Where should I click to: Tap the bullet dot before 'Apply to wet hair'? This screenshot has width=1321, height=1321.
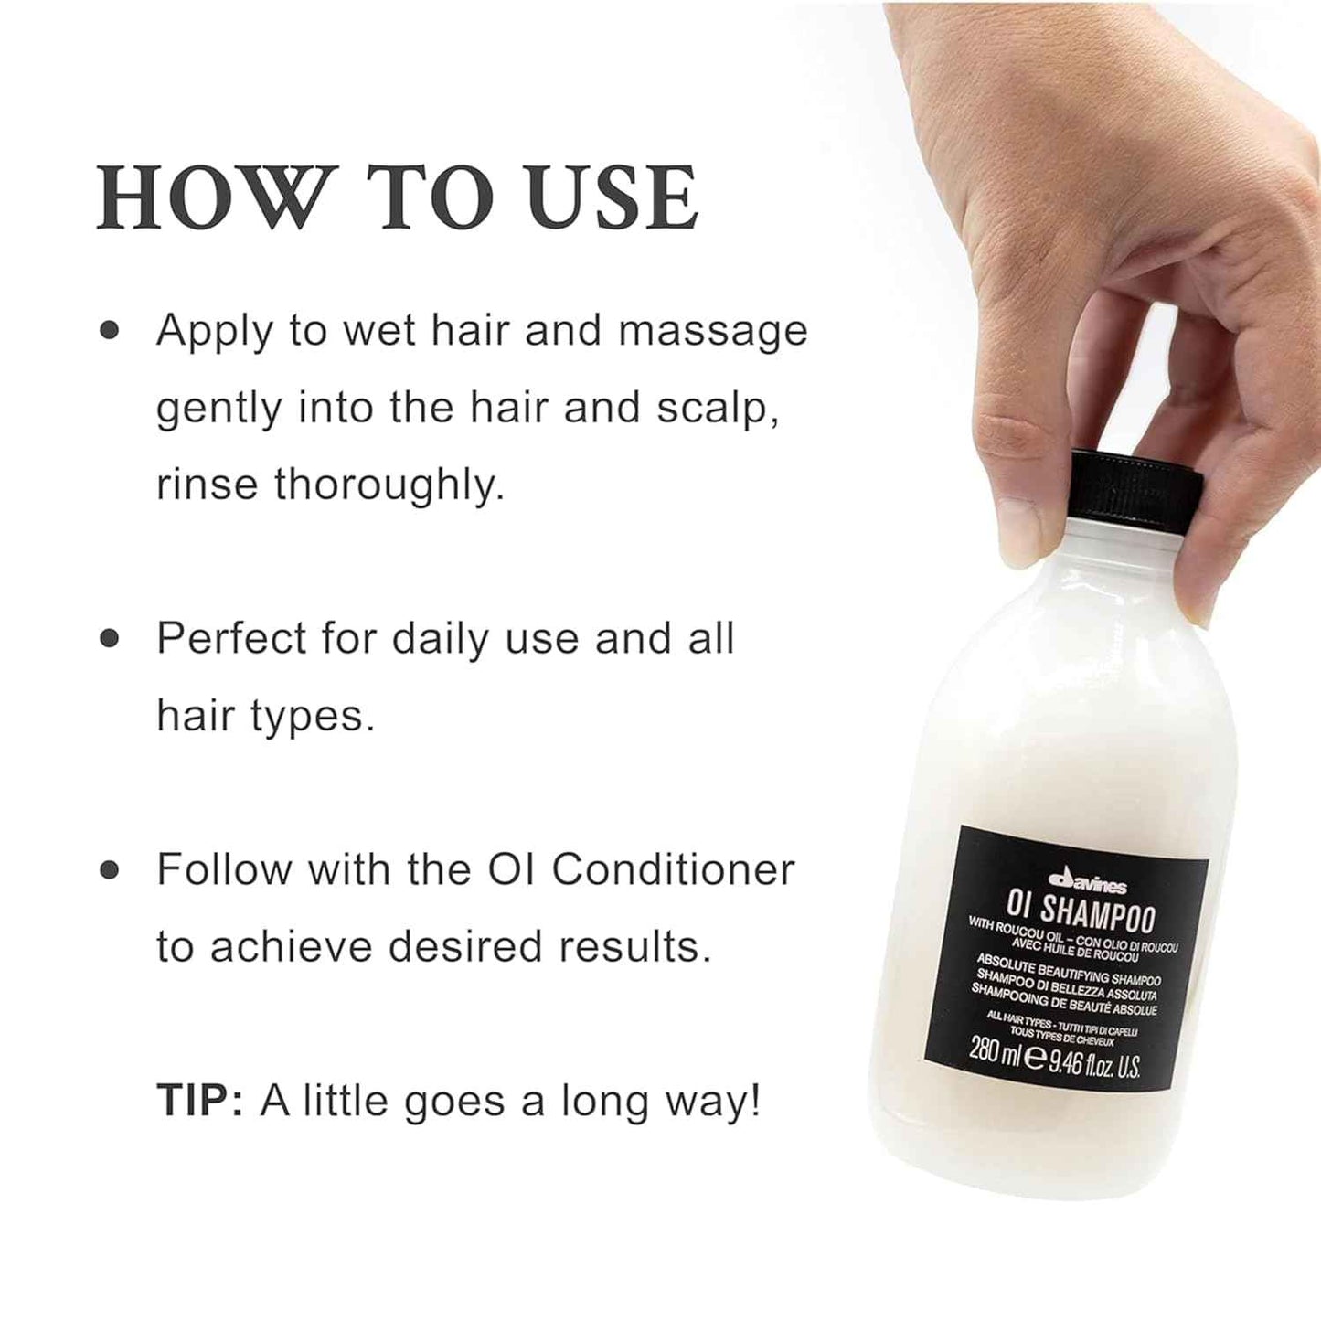(x=110, y=330)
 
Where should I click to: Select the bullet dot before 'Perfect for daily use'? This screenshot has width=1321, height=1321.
(x=110, y=638)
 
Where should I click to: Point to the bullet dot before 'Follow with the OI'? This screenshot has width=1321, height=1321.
(x=110, y=869)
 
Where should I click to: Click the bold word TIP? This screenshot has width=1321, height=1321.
(x=199, y=1101)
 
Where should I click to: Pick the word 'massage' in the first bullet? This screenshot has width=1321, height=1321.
(x=713, y=332)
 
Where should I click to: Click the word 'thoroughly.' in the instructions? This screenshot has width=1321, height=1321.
(x=389, y=485)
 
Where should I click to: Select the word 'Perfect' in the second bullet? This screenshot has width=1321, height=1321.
(x=231, y=638)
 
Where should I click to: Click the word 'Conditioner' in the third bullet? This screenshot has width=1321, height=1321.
(x=673, y=869)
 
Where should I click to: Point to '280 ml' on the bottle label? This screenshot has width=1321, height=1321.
(x=994, y=1052)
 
